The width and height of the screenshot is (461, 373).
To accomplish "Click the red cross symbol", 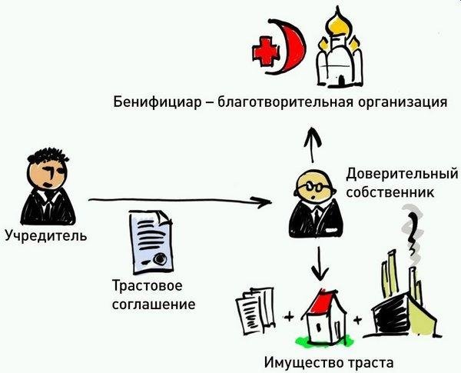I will point(267,51).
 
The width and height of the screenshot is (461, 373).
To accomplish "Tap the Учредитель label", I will point(45,234).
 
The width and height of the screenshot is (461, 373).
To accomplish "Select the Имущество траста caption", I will point(328,361).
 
